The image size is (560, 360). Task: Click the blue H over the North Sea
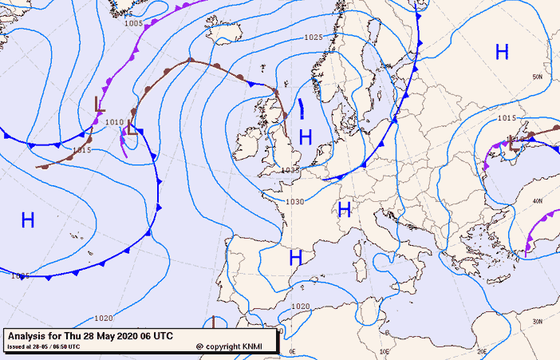coord(305,136)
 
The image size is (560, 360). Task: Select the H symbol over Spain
coord(295,258)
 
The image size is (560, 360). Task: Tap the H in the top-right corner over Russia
coord(502,52)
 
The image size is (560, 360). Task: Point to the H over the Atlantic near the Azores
coord(28,220)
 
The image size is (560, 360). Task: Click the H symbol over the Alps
coord(345,210)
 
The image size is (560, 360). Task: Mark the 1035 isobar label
coord(290,170)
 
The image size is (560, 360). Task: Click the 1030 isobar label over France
coord(295,202)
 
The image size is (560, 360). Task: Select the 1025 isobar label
coord(313,38)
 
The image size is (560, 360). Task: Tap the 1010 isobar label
coord(114,122)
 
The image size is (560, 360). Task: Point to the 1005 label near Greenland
coord(134,23)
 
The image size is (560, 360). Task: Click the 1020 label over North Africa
coord(300,307)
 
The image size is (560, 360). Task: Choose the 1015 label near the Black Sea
coord(506,118)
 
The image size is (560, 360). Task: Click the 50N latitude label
coord(538,77)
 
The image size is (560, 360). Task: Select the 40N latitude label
coord(538,200)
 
